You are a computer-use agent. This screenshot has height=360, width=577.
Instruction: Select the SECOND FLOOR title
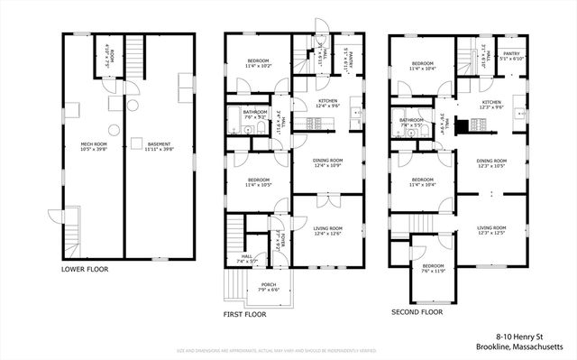click(417, 312)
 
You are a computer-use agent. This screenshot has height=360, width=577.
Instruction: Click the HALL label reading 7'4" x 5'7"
click(247, 258)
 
